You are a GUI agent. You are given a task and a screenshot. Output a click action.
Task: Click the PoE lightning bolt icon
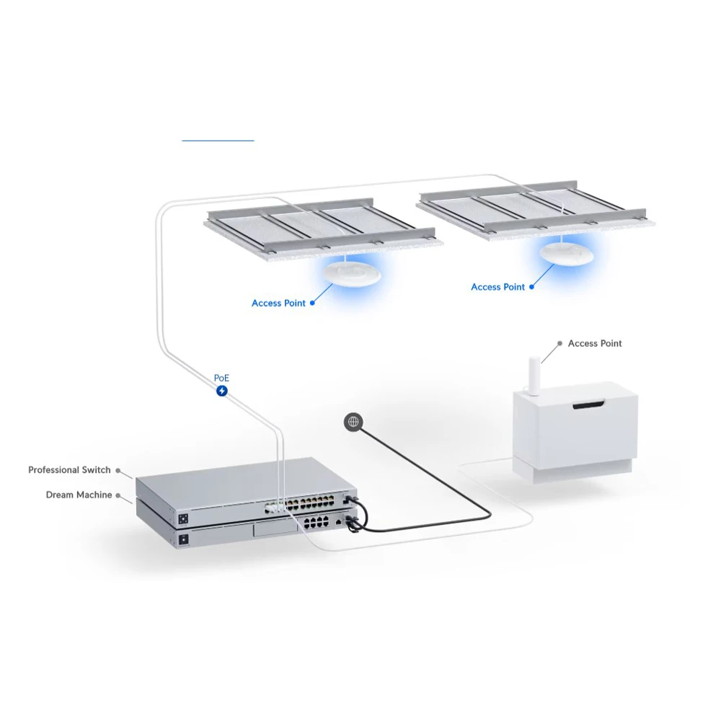click(x=222, y=391)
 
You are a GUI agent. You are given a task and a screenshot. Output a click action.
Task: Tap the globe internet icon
click(x=353, y=422)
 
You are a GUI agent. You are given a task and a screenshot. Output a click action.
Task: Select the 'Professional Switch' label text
click(x=69, y=470)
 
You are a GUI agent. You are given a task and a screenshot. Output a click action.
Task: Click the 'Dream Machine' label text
click(x=79, y=495)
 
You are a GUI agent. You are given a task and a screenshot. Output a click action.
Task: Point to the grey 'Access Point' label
click(x=594, y=344)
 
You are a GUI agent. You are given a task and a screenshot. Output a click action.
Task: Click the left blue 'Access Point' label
click(x=278, y=304)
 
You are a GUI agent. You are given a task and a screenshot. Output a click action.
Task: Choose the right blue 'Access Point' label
click(x=497, y=287)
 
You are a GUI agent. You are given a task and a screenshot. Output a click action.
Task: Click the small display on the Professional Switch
click(x=183, y=518)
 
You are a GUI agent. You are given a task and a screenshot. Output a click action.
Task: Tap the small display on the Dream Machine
click(x=183, y=539)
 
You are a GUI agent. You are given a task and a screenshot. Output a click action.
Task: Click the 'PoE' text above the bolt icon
click(x=221, y=378)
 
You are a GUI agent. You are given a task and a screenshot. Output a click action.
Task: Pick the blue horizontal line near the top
click(x=218, y=140)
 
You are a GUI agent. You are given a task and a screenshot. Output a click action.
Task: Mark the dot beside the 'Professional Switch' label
click(x=118, y=470)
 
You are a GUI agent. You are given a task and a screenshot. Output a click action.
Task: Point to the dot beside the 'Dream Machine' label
click(x=119, y=495)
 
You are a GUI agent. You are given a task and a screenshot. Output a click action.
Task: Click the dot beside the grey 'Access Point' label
click(x=560, y=344)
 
